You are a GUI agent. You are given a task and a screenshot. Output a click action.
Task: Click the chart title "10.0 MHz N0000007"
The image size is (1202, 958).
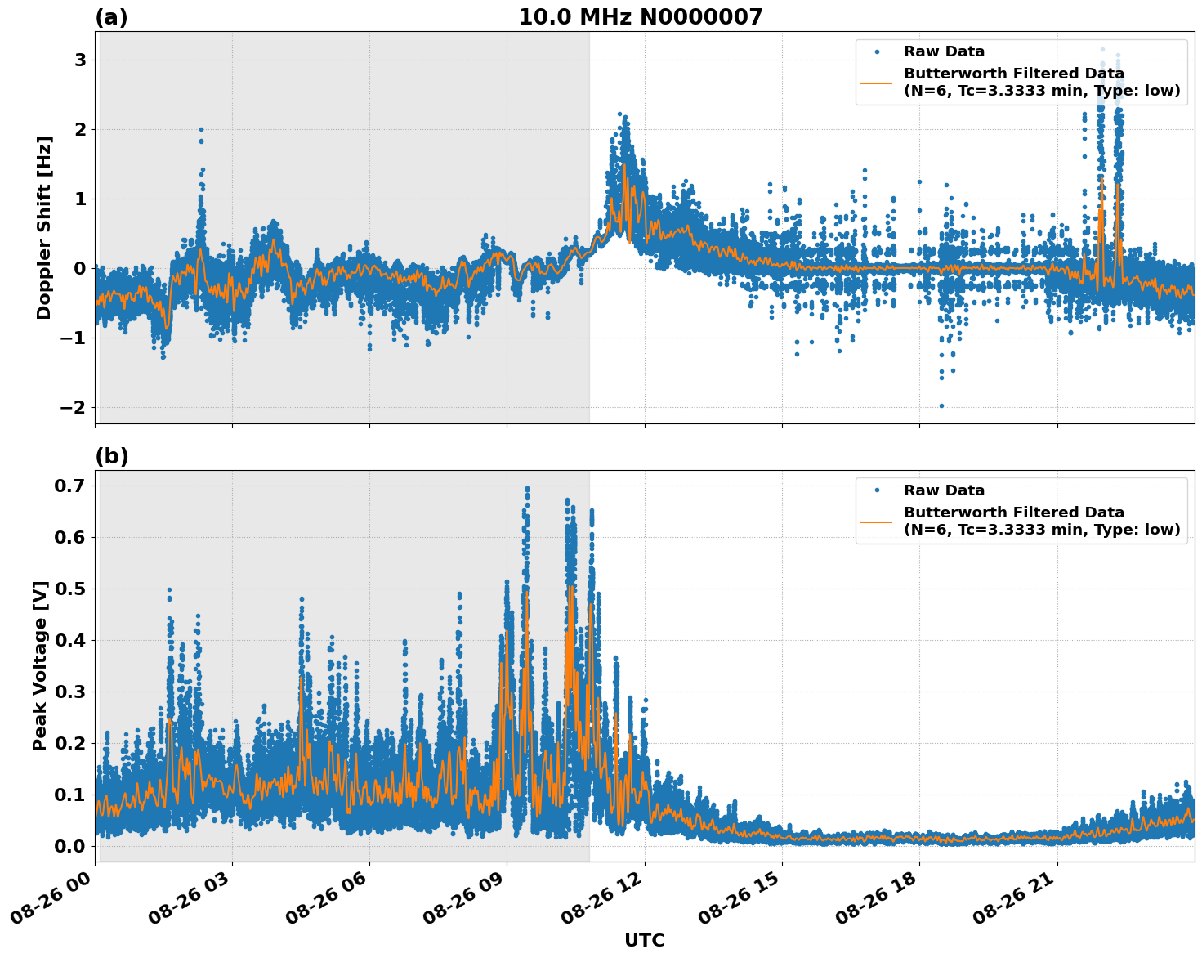[x=640, y=17]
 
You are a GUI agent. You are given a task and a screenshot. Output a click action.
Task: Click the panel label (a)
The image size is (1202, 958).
[x=111, y=17]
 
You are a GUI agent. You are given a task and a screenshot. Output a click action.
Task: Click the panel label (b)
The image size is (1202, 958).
[x=111, y=456]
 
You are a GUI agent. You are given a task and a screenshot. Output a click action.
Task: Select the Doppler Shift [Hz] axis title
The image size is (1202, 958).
[x=44, y=227]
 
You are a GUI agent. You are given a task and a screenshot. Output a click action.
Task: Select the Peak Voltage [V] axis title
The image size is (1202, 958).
[x=40, y=665]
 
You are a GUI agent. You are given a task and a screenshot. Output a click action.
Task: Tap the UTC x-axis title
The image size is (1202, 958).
[x=644, y=940]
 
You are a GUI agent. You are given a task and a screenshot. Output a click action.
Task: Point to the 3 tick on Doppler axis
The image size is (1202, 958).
[x=80, y=60]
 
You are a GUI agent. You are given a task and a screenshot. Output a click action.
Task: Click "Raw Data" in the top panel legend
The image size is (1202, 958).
[x=944, y=52]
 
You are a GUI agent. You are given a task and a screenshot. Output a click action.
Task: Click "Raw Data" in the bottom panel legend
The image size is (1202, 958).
[x=944, y=490]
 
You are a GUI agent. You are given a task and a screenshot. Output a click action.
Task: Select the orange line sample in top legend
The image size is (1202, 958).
[x=877, y=82]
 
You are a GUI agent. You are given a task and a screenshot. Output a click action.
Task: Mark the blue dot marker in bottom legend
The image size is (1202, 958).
[x=877, y=490]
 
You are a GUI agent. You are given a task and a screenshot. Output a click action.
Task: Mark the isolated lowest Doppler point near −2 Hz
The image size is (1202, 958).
[x=941, y=405]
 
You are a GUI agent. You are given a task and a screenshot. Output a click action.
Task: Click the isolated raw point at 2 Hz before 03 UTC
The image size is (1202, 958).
[x=201, y=129]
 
